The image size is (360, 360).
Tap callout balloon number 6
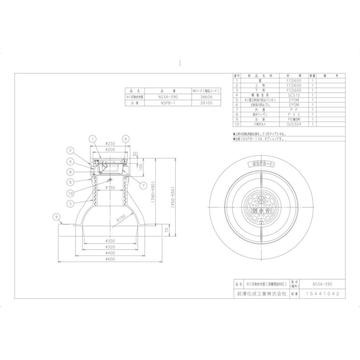[125, 138]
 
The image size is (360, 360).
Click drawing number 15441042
[322, 294]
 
